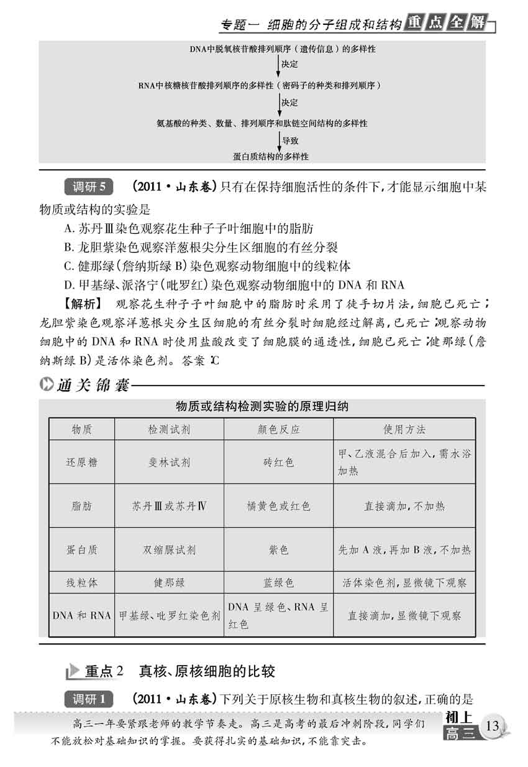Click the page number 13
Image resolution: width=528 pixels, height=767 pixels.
[x=493, y=726]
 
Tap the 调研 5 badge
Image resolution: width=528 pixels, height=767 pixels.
[x=89, y=187]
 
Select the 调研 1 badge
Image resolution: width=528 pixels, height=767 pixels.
[x=89, y=699]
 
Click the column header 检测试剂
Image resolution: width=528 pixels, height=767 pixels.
[x=168, y=429]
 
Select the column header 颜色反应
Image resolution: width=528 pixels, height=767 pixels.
[x=278, y=429]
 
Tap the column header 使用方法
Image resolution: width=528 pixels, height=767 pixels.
[x=404, y=429]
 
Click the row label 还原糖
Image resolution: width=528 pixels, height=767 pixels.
[x=81, y=462]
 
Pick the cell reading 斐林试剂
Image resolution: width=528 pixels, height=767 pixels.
[x=168, y=462]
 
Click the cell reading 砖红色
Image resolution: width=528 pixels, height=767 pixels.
[x=278, y=462]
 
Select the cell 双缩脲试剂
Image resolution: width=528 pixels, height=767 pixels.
[x=168, y=550]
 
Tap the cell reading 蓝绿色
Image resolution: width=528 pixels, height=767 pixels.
[x=278, y=583]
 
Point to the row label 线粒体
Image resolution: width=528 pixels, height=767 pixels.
[x=81, y=583]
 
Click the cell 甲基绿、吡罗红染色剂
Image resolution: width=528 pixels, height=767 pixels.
[x=169, y=616]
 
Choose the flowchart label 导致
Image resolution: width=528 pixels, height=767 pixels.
[x=290, y=141]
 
